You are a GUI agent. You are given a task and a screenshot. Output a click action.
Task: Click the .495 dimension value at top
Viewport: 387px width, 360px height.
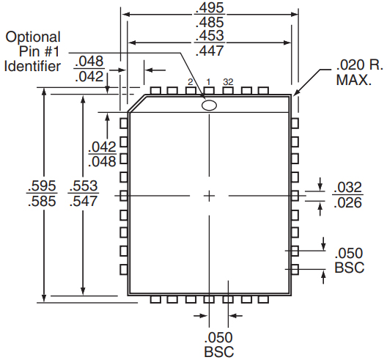(x=210, y=7)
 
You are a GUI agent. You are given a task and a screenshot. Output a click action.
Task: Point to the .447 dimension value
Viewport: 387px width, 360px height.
(x=210, y=51)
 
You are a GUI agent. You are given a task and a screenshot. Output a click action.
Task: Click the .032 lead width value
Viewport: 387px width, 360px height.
(x=348, y=187)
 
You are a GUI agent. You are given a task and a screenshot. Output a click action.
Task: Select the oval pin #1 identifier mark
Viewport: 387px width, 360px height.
(x=210, y=106)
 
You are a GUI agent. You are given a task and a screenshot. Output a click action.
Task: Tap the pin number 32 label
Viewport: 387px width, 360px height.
(x=228, y=82)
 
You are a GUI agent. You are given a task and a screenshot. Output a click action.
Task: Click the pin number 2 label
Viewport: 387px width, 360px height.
(x=190, y=82)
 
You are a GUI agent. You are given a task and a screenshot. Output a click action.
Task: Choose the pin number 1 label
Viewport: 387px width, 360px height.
(x=208, y=82)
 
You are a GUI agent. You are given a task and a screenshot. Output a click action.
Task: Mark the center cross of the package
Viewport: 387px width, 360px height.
(x=210, y=195)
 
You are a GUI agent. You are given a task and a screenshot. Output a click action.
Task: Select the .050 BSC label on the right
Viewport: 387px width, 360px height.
(x=349, y=260)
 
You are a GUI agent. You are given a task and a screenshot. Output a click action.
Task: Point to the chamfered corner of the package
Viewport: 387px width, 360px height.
(x=136, y=105)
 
